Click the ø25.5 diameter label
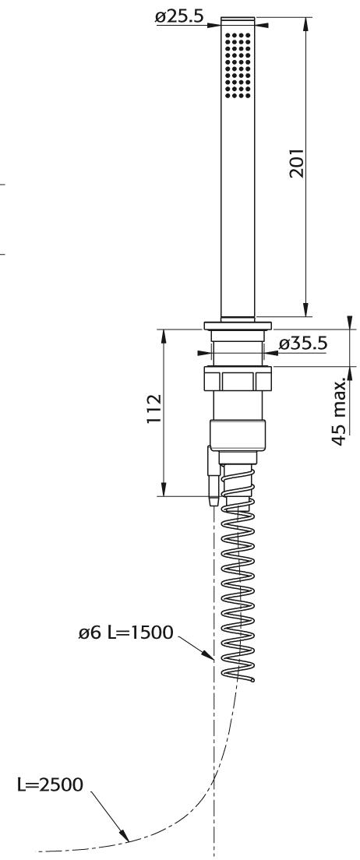179,18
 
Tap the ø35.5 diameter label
303,344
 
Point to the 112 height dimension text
154,409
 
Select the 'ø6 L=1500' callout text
125,633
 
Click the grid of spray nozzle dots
238,65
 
